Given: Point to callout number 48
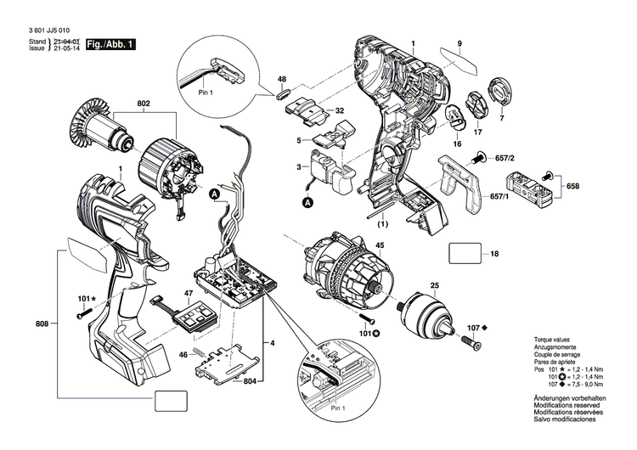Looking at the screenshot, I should point(282,79).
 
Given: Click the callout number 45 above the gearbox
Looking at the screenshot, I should point(380,246).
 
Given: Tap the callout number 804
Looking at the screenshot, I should point(249,382).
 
